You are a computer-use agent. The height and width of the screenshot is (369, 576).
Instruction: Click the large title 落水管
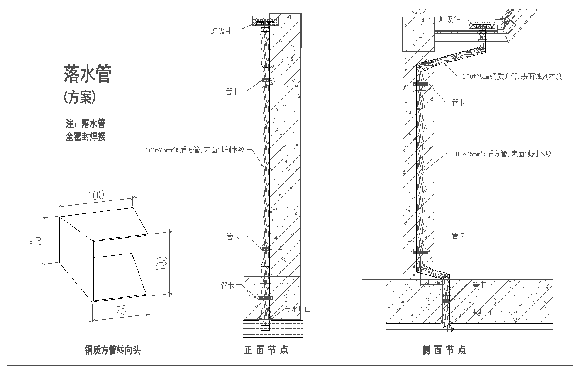tap(88, 74)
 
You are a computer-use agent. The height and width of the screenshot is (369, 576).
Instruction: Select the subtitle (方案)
tap(79, 97)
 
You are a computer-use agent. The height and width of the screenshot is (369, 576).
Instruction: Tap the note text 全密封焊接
tap(85, 136)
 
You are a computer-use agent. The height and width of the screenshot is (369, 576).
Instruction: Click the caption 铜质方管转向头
tap(113, 350)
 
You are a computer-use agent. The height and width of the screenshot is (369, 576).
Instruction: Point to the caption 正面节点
tap(266, 350)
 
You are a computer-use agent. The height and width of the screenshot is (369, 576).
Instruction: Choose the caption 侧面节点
tap(444, 350)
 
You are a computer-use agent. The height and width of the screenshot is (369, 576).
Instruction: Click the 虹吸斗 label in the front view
tap(221, 30)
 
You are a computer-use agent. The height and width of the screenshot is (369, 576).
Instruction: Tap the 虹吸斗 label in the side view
tap(450, 19)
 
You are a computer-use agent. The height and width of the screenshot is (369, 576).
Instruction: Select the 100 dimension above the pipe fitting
tap(95, 195)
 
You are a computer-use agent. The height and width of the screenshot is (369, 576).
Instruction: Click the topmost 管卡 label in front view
tap(232, 92)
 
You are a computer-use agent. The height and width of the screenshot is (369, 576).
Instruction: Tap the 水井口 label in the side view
tap(480, 312)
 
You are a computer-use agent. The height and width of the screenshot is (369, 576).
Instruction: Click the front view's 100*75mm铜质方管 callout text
tap(195, 150)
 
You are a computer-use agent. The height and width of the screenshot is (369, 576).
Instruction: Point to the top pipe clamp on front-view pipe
tap(266, 80)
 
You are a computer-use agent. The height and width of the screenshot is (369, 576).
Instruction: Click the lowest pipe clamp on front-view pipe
tap(265, 298)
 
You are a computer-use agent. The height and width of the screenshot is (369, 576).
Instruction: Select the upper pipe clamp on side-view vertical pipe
tap(420, 84)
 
